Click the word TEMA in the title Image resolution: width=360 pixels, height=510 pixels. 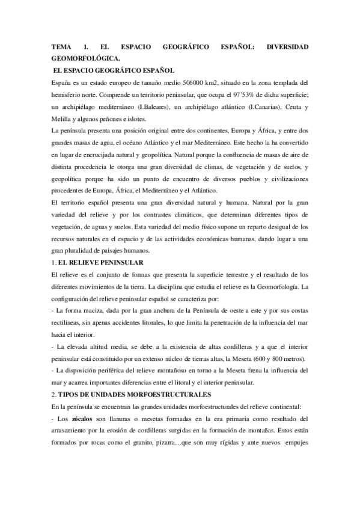pos(61,46)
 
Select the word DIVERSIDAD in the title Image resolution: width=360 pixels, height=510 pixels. pos(287,46)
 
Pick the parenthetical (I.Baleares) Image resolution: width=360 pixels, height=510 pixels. pos(136,107)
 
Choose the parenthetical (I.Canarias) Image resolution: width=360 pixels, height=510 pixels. pos(258,107)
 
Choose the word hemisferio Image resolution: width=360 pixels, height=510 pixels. pos(71,95)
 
